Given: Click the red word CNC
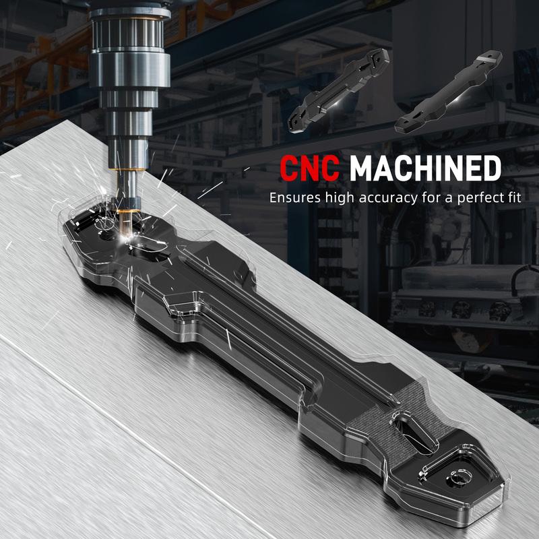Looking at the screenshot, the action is coord(310,168).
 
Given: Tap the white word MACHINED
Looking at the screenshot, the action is coord(425,168).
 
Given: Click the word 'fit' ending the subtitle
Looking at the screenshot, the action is coord(515,197).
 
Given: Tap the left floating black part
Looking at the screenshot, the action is coord(339,90).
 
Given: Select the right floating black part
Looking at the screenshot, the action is coord(448,92).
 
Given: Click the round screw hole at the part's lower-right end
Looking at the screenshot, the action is coord(457,479).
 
